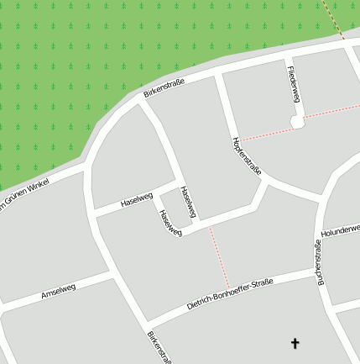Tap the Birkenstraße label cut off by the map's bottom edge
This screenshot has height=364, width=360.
coord(159,348)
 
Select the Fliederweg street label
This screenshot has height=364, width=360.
coord(293,84)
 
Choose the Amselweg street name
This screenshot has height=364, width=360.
coord(59,292)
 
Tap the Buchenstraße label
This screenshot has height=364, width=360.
coord(319,264)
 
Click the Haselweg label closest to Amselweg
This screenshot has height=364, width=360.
coord(137,200)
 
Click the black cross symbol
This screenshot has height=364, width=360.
coord(295,343)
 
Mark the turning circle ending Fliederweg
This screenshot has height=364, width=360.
coord(296,122)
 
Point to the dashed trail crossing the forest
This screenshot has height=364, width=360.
coord(335,18)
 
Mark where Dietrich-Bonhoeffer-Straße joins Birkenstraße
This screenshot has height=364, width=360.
coord(145,325)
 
